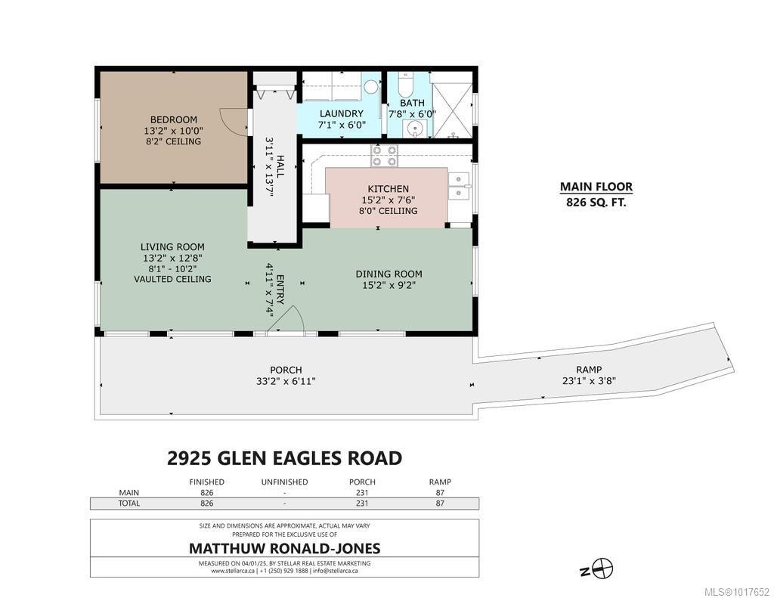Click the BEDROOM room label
(173, 119)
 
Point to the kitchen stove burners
(385, 156)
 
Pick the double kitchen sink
(458, 186)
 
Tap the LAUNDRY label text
(341, 114)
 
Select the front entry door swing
(288, 321)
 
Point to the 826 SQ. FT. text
(596, 203)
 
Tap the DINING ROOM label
(389, 274)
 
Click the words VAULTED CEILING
(172, 279)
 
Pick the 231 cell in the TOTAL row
(361, 503)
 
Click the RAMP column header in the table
(439, 482)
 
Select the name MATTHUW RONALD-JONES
(283, 548)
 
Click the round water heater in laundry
(370, 87)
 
